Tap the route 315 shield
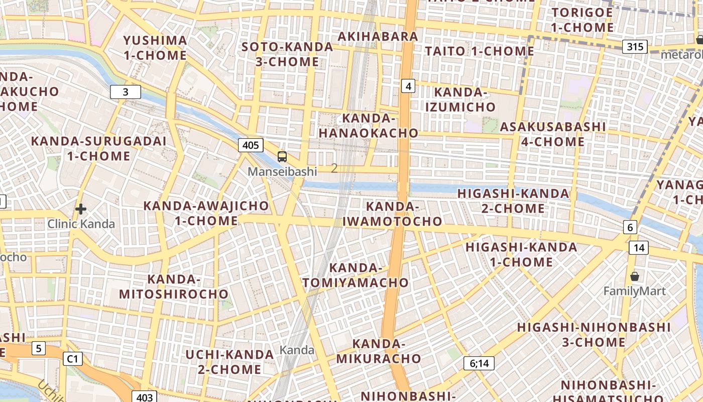coord(635,47)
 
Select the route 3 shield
coord(125,92)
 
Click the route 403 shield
coord(144,397)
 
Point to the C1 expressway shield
coord(73,358)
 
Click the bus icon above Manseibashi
coord(282,157)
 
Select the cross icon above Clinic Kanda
coord(81,209)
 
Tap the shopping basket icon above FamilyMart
coord(635,276)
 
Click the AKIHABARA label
coord(378,36)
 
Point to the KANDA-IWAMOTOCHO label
coord(392,214)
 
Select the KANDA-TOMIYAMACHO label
coord(356,275)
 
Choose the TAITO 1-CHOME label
coord(480,51)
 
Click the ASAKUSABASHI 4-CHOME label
coord(552,134)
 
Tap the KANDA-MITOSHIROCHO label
coord(174,286)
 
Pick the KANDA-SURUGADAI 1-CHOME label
coord(98,148)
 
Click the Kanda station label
coord(297,350)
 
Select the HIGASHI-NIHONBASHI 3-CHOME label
coord(594,335)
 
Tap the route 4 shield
coord(408,86)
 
